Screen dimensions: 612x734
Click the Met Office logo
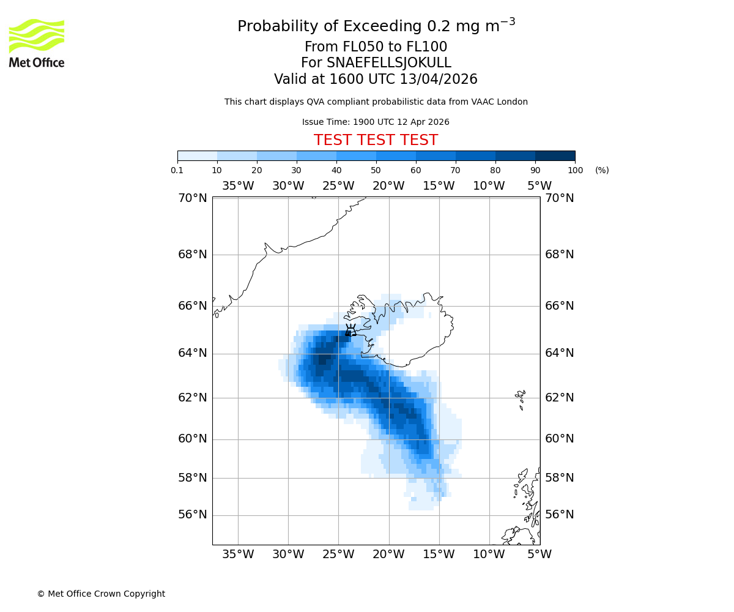tap(37, 43)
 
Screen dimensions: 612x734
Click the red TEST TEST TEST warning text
tap(376, 140)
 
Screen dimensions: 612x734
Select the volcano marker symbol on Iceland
tap(350, 330)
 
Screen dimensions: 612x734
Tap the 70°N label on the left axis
tap(193, 198)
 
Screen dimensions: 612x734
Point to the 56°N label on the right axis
tap(559, 515)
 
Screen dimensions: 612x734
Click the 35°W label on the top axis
tap(237, 186)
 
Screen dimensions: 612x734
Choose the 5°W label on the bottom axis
tap(539, 554)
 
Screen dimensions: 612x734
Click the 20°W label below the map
tap(388, 554)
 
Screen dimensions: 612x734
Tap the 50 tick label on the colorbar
tap(376, 170)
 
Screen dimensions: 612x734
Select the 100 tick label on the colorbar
tap(575, 170)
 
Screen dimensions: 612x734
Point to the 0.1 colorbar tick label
tap(177, 170)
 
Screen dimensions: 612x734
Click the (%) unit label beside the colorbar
tap(602, 170)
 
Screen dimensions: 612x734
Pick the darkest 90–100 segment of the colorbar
tap(555, 155)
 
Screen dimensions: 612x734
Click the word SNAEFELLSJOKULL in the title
tap(388, 63)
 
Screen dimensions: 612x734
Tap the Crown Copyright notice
tap(101, 594)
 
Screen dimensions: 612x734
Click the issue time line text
tap(376, 122)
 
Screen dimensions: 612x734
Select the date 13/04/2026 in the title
tap(439, 80)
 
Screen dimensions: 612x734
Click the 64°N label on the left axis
tap(193, 353)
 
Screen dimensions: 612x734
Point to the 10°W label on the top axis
tap(489, 186)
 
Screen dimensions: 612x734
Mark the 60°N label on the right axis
tap(559, 439)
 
